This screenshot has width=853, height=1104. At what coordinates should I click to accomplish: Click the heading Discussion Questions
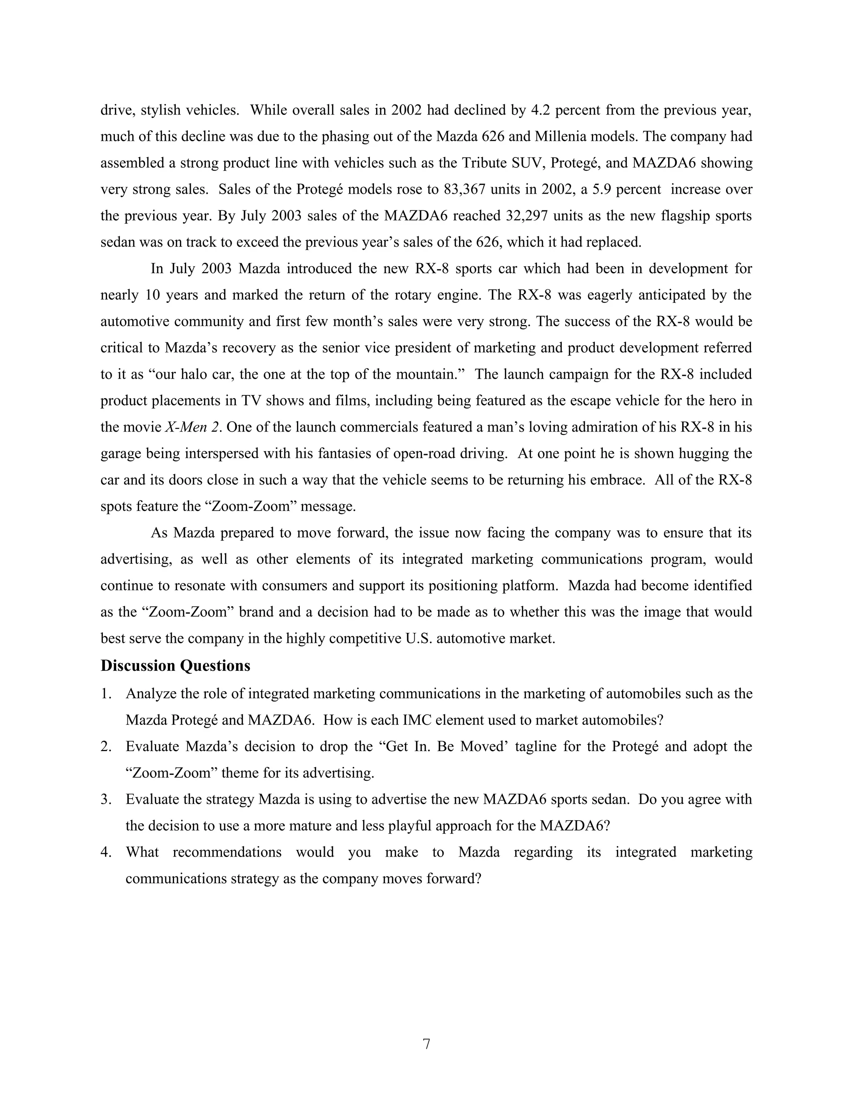(175, 666)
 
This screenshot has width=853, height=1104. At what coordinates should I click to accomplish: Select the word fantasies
(349, 453)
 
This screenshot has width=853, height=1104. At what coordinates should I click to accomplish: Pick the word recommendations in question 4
(227, 852)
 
